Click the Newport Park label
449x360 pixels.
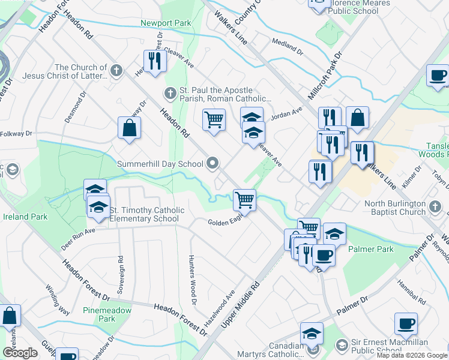click(x=166, y=23)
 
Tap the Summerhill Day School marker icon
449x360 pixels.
click(x=212, y=163)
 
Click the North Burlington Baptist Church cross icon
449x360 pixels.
click(x=436, y=208)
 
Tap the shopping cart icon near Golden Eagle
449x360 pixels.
click(x=244, y=199)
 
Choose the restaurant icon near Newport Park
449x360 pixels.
click(x=154, y=61)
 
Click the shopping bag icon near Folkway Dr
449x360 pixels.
click(x=129, y=127)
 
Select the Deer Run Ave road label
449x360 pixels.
click(x=78, y=238)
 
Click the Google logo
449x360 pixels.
click(x=19, y=353)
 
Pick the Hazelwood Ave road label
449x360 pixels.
click(x=219, y=308)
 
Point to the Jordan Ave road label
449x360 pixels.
click(x=286, y=114)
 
